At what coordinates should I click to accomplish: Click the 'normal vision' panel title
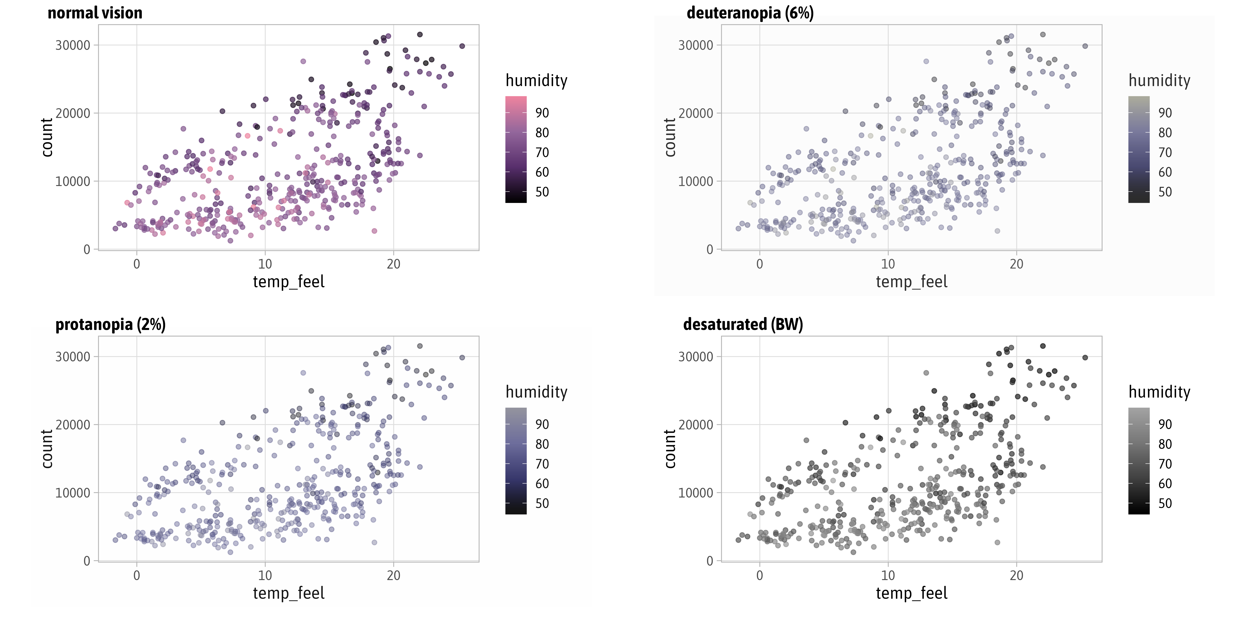(95, 13)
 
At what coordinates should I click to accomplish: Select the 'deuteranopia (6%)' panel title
(750, 13)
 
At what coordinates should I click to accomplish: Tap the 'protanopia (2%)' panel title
(110, 324)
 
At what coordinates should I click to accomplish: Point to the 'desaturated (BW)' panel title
(743, 324)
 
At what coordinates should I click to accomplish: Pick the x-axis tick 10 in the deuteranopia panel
(888, 264)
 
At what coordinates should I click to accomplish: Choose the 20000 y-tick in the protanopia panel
(73, 425)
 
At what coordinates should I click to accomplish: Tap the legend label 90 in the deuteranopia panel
(1165, 113)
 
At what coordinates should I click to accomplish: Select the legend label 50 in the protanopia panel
(542, 504)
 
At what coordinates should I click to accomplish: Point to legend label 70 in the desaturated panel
(1165, 464)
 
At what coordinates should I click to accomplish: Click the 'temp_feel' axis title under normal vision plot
(288, 281)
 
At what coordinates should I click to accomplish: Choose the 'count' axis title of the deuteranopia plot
(670, 137)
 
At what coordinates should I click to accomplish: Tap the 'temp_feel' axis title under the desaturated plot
(911, 593)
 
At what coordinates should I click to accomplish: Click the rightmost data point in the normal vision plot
(462, 46)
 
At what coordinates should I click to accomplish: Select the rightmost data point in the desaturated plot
(1085, 358)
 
